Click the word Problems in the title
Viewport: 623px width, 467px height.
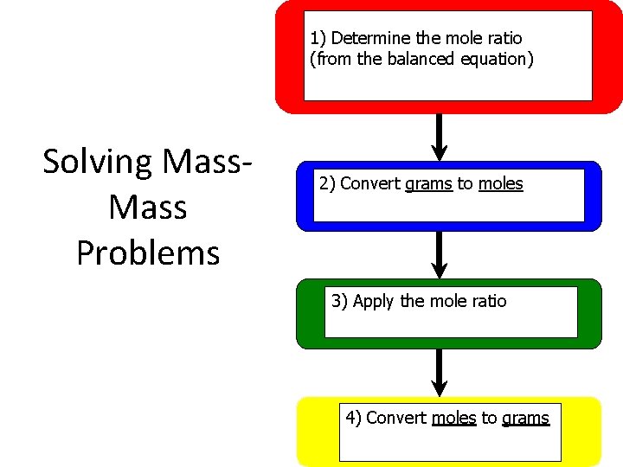(x=148, y=253)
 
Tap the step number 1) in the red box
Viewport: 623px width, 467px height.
(x=318, y=38)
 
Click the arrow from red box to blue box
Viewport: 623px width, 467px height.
(x=440, y=137)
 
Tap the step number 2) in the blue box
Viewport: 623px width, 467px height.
(x=328, y=183)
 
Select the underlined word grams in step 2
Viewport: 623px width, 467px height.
(x=428, y=183)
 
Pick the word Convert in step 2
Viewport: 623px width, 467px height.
(x=370, y=183)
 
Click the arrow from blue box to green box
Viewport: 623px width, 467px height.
(x=440, y=254)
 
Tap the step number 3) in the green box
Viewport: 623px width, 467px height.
(x=340, y=301)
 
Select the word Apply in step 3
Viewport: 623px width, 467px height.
(x=375, y=301)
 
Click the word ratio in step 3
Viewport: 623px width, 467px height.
(x=489, y=301)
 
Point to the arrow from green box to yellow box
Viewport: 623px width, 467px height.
(x=440, y=372)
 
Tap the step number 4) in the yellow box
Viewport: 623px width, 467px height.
(x=354, y=418)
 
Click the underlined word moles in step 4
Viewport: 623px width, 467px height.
(x=453, y=418)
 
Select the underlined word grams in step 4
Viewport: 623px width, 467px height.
(x=525, y=418)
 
